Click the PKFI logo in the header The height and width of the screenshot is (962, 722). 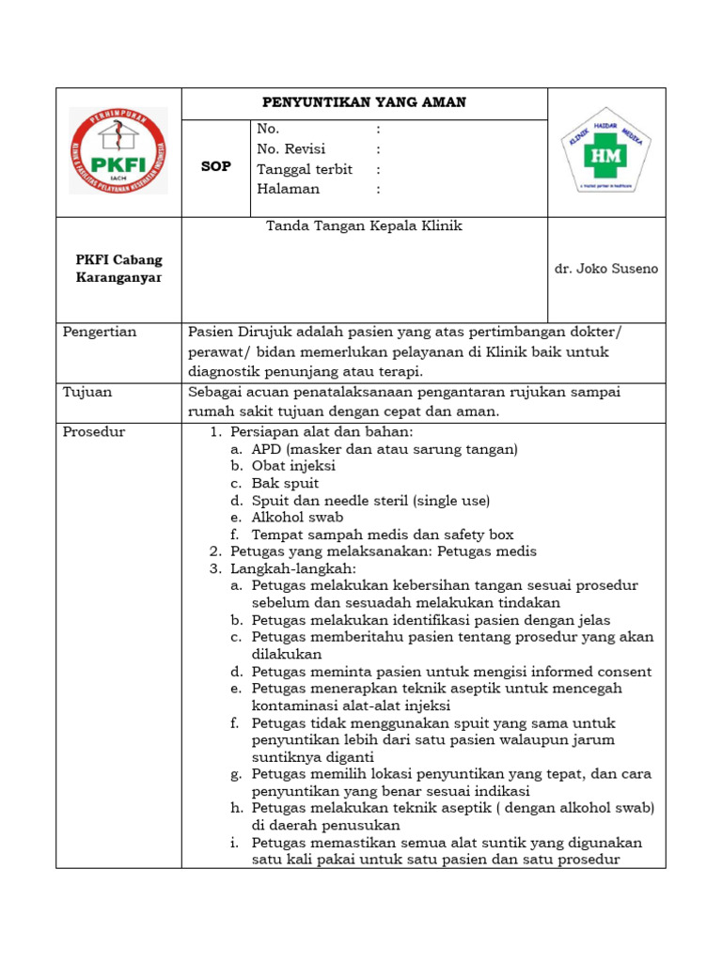(118, 151)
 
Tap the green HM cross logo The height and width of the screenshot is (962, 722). (605, 153)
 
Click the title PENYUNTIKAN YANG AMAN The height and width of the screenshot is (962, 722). (363, 102)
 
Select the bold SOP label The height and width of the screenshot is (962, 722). (216, 166)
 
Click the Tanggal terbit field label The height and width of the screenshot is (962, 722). (305, 169)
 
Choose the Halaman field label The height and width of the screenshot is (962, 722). (288, 189)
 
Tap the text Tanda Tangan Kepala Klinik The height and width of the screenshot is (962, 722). (364, 226)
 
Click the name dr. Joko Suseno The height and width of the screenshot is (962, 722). (606, 269)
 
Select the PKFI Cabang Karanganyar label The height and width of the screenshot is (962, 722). (118, 269)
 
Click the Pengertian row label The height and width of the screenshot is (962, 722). (100, 332)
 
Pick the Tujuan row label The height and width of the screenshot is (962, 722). (86, 392)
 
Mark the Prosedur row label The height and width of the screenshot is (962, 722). (94, 432)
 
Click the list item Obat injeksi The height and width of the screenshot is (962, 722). (293, 466)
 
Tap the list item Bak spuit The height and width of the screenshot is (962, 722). (285, 483)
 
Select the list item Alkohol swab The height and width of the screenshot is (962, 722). (297, 517)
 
